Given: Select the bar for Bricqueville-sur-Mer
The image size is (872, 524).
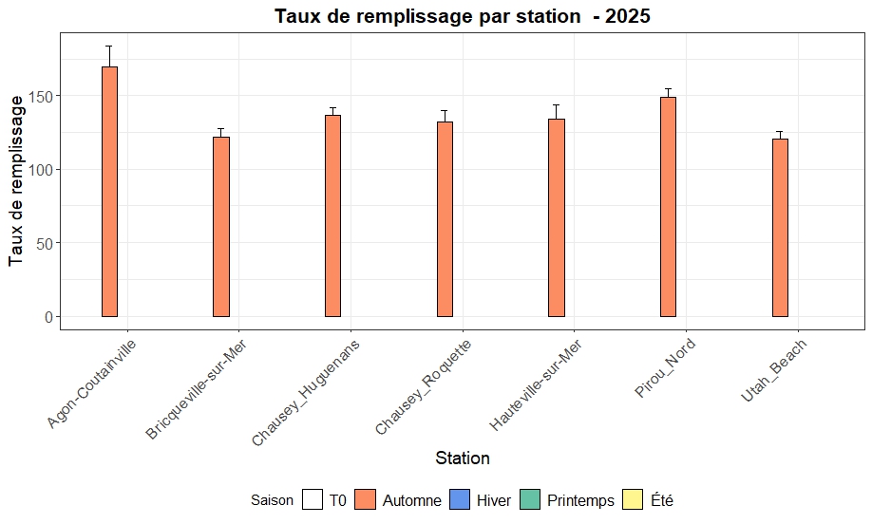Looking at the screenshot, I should (x=221, y=227).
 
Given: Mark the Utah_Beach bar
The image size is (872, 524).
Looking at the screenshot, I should (x=780, y=228).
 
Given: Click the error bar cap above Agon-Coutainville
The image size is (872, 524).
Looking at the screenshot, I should (x=109, y=46).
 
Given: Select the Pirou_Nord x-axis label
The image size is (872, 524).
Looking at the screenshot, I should (x=665, y=368).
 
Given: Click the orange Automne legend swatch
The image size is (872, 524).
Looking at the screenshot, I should (x=366, y=500).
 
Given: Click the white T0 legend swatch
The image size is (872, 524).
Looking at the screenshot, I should (x=313, y=500).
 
